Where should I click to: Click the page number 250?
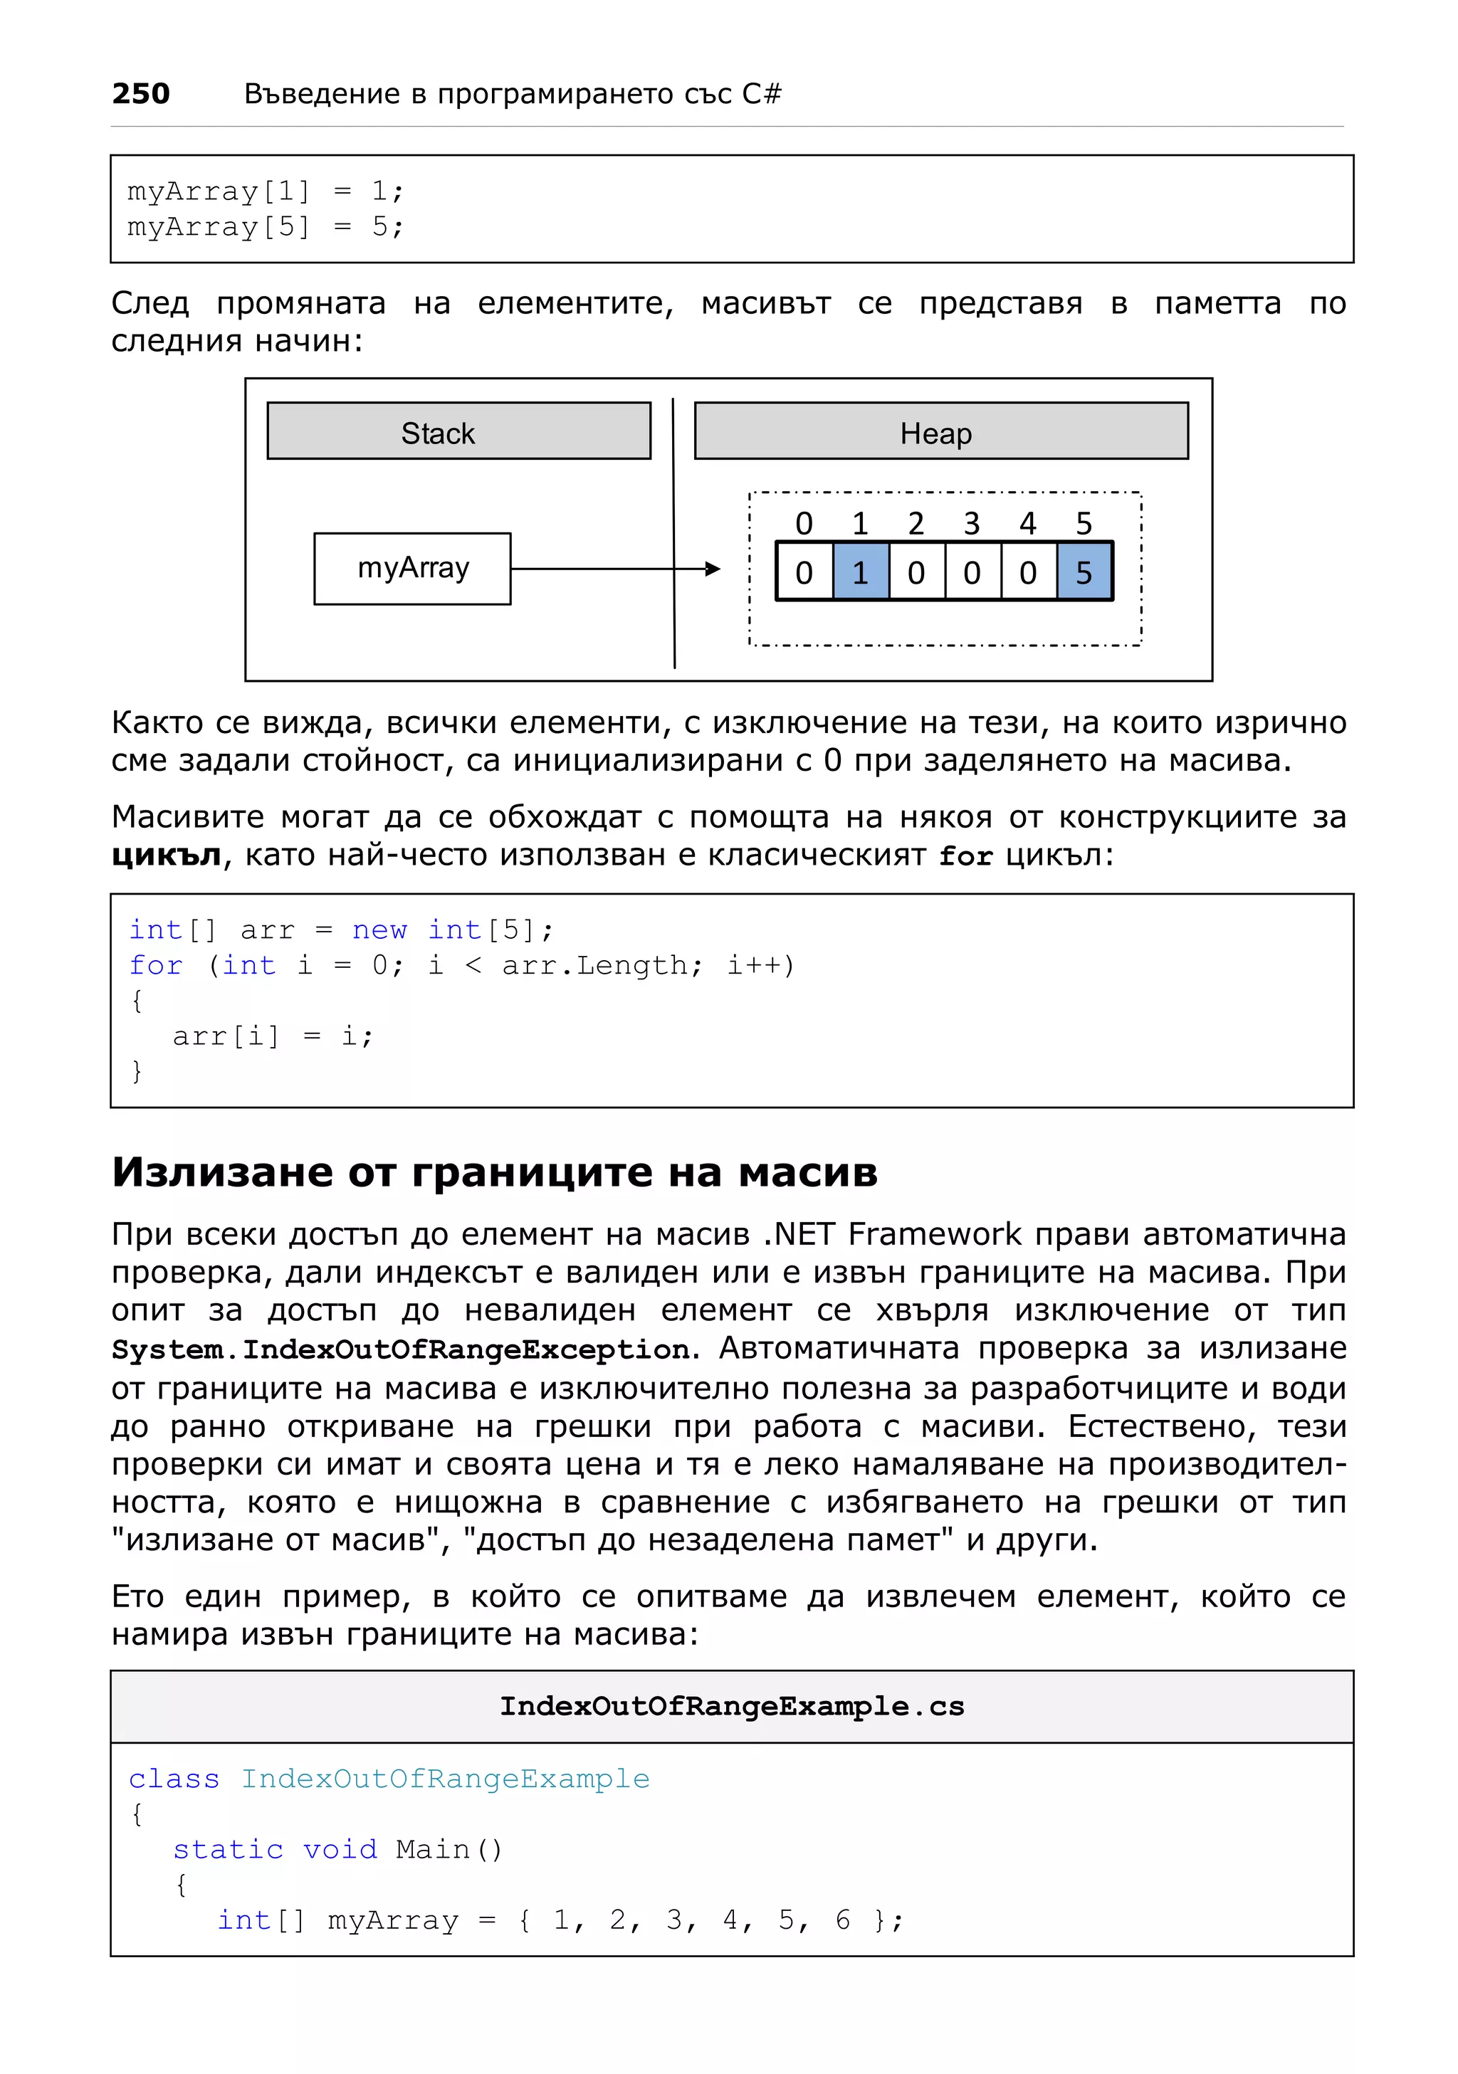point(141,94)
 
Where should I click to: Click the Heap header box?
point(940,432)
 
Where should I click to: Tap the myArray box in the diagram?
point(412,568)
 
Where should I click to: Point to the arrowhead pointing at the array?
point(713,568)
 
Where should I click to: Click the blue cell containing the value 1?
point(860,572)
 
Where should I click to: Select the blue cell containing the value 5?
point(1084,572)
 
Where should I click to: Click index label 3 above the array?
point(971,523)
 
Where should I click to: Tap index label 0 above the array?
point(803,523)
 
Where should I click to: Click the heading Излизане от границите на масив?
point(494,1172)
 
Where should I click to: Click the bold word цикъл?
point(166,856)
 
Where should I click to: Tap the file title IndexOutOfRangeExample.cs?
point(732,1706)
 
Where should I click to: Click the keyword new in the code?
point(379,930)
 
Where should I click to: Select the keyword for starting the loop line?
point(155,964)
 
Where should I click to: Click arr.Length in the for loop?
point(594,964)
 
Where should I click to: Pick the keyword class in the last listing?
point(174,1779)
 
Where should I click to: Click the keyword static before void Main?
point(228,1849)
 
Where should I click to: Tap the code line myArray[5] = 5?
point(265,227)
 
